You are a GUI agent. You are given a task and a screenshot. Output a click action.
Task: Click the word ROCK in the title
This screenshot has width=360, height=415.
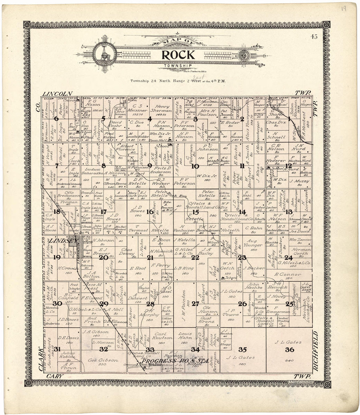coord(178,55)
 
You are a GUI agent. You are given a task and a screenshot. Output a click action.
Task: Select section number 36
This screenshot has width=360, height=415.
coord(289,350)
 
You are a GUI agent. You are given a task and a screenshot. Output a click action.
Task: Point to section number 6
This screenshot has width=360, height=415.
coord(56,118)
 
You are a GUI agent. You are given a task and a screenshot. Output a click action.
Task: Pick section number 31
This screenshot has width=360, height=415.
coord(58,349)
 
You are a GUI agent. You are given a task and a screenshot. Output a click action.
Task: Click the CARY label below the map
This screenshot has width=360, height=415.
coord(54,376)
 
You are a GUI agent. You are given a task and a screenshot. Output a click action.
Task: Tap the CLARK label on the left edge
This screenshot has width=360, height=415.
coord(41,359)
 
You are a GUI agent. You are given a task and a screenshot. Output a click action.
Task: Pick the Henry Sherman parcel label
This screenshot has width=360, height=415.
coord(162,109)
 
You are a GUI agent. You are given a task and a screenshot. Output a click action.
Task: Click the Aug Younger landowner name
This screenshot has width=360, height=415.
coord(253,243)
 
